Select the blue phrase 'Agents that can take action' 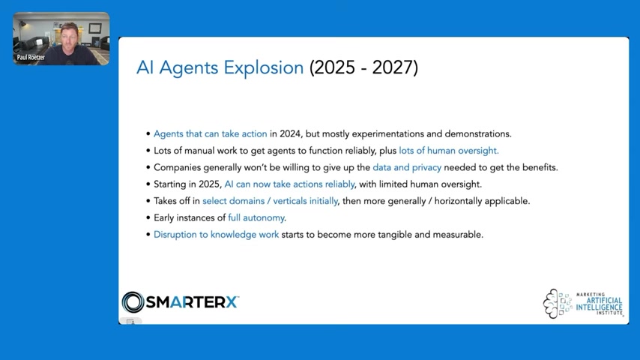pyautogui.click(x=210, y=134)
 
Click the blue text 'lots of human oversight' pyautogui.click(x=449, y=151)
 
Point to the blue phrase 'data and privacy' pyautogui.click(x=407, y=167)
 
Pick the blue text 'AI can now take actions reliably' pyautogui.click(x=289, y=184)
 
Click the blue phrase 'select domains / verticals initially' pyautogui.click(x=271, y=201)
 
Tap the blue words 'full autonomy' pyautogui.click(x=256, y=217)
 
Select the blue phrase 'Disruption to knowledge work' pyautogui.click(x=216, y=235)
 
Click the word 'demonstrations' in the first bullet pyautogui.click(x=477, y=134)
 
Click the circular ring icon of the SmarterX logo pyautogui.click(x=133, y=302)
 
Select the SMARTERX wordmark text pyautogui.click(x=192, y=302)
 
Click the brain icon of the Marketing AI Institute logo pyautogui.click(x=551, y=304)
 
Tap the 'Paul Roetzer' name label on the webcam pyautogui.click(x=31, y=58)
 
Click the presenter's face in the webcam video pyautogui.click(x=70, y=37)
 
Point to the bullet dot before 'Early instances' pyautogui.click(x=148, y=217)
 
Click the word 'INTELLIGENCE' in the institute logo pyautogui.click(x=599, y=307)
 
